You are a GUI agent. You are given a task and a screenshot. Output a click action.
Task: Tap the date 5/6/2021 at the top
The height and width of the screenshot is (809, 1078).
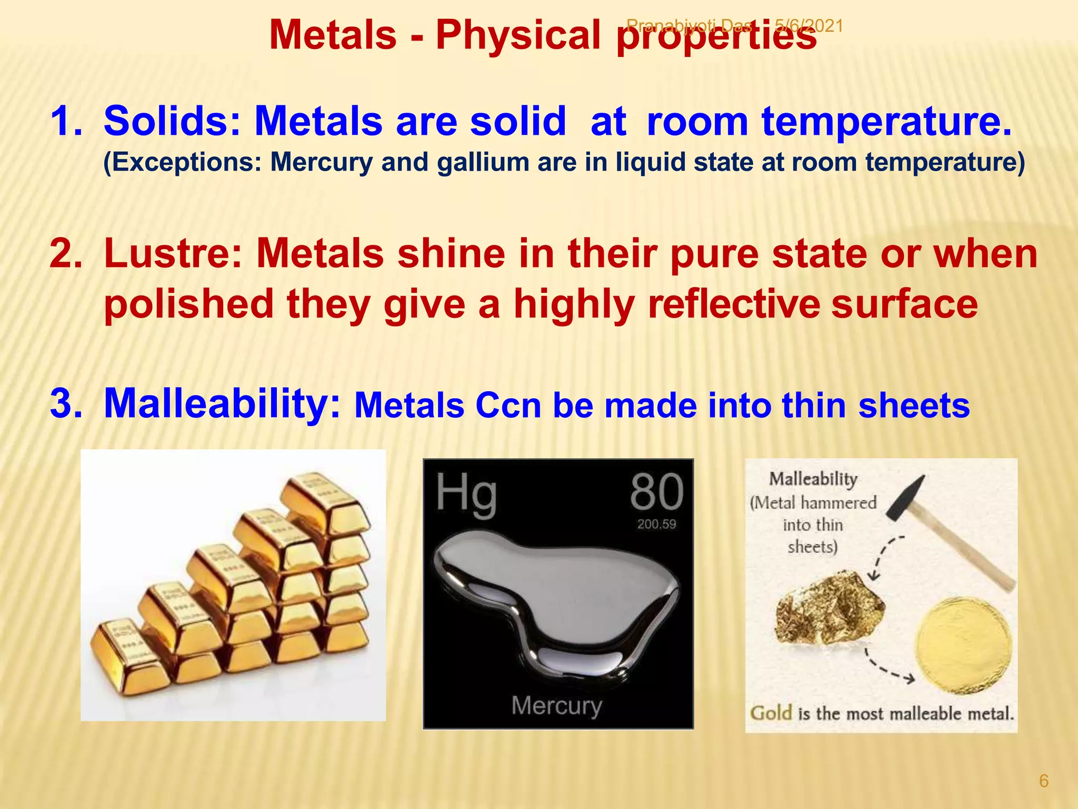coord(809,25)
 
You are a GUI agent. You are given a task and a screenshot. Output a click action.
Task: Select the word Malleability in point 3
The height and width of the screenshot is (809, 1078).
coord(222,403)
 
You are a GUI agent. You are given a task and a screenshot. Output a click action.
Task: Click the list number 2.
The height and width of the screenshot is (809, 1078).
coord(65,254)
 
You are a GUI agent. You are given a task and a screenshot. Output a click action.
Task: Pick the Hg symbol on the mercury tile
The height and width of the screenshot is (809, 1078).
coord(466,494)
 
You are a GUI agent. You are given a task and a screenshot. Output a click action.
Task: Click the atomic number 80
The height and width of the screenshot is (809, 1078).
coord(656,492)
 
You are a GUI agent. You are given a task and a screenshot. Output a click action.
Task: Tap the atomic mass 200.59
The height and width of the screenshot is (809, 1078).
coord(656,524)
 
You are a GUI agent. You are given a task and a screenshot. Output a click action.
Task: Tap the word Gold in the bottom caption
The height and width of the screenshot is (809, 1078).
coord(771,713)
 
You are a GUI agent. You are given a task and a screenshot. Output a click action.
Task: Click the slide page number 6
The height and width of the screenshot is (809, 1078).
coord(1044,781)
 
